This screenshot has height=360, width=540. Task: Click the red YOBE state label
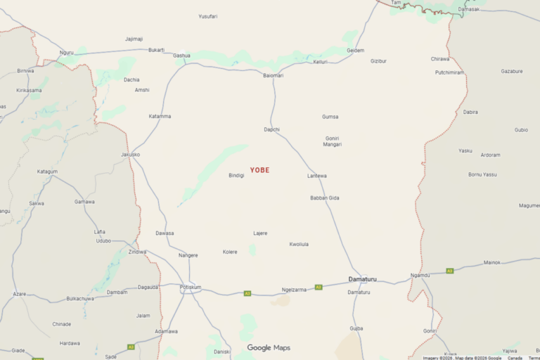click(259, 170)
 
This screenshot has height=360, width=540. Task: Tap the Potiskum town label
click(191, 287)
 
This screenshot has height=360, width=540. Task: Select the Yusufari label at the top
click(208, 16)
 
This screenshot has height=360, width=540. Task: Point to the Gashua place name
click(181, 55)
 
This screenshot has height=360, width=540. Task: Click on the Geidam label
click(356, 51)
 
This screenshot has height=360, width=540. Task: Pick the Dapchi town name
click(271, 129)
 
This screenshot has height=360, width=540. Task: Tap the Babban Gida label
click(325, 198)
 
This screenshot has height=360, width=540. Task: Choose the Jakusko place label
click(130, 154)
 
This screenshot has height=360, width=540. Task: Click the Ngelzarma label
click(294, 290)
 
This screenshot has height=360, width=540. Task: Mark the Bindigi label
click(236, 175)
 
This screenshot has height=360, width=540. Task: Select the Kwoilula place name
click(299, 244)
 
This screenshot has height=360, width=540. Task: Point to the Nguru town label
click(67, 53)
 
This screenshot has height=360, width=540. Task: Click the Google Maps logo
click(269, 347)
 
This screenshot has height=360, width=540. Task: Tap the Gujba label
click(356, 328)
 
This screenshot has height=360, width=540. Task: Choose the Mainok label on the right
click(492, 262)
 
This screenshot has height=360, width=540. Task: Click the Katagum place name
click(47, 172)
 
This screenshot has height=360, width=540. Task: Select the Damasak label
click(468, 9)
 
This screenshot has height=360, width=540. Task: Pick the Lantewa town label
click(317, 176)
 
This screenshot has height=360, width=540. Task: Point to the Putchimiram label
click(449, 72)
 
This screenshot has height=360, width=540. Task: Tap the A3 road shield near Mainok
click(450, 271)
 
